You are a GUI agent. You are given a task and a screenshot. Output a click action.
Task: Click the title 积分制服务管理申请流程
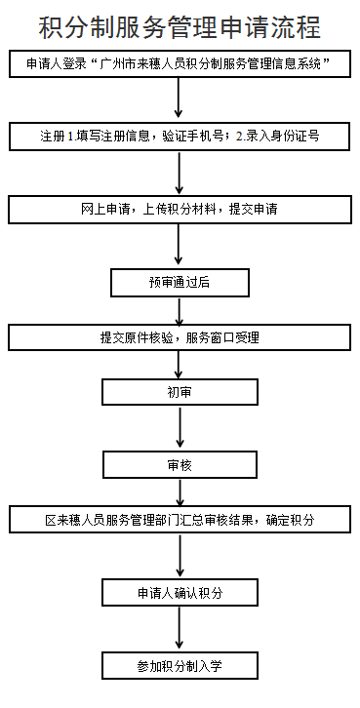(180, 26)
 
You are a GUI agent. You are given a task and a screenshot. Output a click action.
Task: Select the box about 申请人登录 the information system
(180, 65)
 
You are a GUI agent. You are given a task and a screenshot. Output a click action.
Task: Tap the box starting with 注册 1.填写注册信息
(180, 137)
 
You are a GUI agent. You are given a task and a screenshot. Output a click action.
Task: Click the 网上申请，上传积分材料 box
(180, 209)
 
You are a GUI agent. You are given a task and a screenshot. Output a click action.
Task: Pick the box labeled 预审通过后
(180, 282)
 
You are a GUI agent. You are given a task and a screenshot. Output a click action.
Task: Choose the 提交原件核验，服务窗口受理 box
(180, 337)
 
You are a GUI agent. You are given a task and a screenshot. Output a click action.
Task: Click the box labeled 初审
(180, 391)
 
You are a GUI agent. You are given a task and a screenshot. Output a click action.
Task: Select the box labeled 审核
(180, 464)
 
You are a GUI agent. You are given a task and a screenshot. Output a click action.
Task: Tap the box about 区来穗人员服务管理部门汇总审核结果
(180, 520)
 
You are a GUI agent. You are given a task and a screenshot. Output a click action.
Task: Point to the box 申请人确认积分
(180, 592)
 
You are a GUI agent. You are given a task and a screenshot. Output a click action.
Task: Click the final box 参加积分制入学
(180, 665)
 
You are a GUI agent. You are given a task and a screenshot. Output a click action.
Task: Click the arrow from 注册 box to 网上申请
(180, 173)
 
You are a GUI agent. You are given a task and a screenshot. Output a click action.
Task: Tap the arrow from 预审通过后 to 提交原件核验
(180, 310)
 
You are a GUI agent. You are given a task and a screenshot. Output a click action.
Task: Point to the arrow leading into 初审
(180, 364)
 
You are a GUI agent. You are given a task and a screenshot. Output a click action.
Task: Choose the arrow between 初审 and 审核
(180, 427)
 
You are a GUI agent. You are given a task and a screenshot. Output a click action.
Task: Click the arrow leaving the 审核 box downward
(180, 492)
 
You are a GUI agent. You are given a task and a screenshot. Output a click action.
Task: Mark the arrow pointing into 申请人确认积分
(180, 556)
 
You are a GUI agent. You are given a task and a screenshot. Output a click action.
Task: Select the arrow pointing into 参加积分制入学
(180, 629)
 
